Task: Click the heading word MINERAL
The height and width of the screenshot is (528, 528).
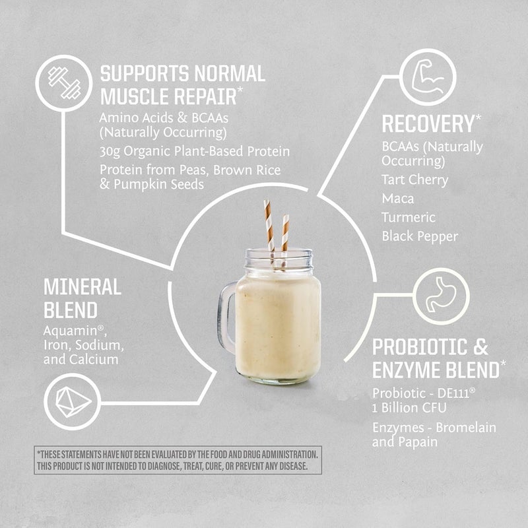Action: point(82,287)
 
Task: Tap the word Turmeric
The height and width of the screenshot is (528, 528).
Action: point(409,217)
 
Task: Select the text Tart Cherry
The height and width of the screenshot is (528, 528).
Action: point(414,180)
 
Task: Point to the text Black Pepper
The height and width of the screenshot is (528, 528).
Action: point(419,236)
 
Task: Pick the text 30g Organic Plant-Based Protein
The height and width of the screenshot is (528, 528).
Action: point(195,152)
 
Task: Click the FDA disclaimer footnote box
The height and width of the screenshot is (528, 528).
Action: point(179,461)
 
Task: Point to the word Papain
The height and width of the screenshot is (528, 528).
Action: point(416,442)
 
